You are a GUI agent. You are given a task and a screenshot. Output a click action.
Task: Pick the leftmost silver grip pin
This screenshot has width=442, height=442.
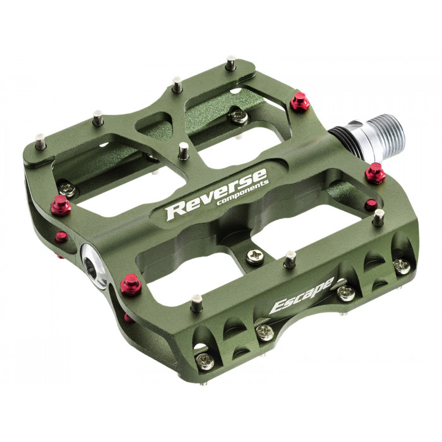click(x=40, y=141)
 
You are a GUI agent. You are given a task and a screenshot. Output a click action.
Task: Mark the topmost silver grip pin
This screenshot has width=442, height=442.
click(x=232, y=63)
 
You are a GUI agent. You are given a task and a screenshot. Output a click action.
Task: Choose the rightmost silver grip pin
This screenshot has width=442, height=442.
click(x=378, y=218)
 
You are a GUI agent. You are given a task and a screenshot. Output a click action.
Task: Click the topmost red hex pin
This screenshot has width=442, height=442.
click(x=299, y=102)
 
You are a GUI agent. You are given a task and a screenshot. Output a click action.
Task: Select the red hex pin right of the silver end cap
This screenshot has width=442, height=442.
click(x=131, y=287)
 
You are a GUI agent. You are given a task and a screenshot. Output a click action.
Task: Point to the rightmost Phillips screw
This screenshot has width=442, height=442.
click(x=401, y=265)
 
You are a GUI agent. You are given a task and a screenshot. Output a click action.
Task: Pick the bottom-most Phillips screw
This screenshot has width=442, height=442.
click(x=204, y=361)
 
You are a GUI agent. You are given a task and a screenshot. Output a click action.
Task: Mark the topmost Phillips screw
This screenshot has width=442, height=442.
click(x=239, y=116)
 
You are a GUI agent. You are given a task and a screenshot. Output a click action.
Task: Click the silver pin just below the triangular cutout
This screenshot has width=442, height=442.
click(x=184, y=151)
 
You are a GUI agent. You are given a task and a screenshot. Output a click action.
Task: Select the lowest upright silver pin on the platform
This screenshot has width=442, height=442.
click(x=197, y=306)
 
